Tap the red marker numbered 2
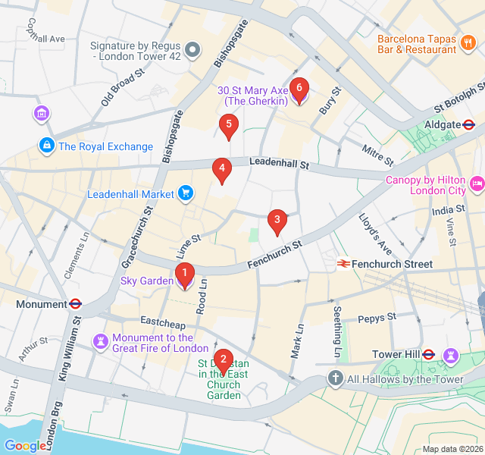pyautogui.click(x=222, y=360)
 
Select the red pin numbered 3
pyautogui.click(x=277, y=221)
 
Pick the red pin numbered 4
pyautogui.click(x=221, y=170)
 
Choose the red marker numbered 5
pyautogui.click(x=228, y=126)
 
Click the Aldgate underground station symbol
pyautogui.click(x=469, y=124)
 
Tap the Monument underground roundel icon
pyautogui.click(x=75, y=304)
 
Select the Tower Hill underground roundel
pyautogui.click(x=428, y=354)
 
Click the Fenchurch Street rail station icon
pyautogui.click(x=343, y=264)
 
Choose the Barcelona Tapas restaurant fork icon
pyautogui.click(x=469, y=45)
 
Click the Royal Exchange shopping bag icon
pyautogui.click(x=46, y=145)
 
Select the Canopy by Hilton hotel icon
pyautogui.click(x=477, y=183)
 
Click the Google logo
pyautogui.click(x=24, y=446)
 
